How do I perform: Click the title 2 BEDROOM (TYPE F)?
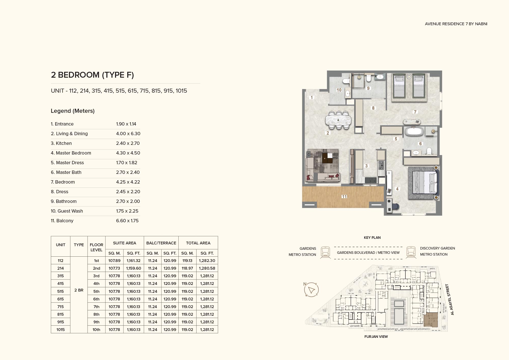(92, 75)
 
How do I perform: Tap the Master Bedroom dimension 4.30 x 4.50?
(128, 153)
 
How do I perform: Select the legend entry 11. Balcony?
(62, 221)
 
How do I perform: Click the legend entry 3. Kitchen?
(61, 143)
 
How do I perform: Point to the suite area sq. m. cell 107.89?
(115, 261)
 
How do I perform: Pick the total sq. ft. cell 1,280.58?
(207, 268)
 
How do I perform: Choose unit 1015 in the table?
(61, 330)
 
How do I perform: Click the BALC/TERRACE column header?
(161, 243)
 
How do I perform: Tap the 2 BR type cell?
(79, 290)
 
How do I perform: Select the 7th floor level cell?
(96, 307)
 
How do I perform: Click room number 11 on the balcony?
(344, 197)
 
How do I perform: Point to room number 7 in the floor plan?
(415, 112)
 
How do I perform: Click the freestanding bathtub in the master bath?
(414, 131)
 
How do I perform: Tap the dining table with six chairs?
(338, 120)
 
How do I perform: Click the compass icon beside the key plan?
(311, 289)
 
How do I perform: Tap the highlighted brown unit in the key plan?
(431, 320)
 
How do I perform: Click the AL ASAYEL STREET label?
(450, 299)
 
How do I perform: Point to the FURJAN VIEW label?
(376, 337)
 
